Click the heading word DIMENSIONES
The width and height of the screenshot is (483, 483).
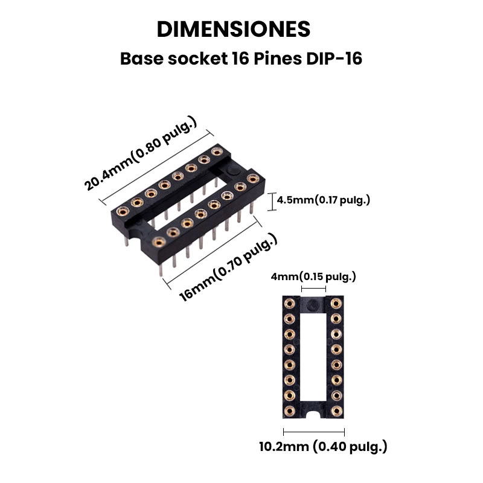(233, 29)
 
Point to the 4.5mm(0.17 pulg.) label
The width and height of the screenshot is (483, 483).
(324, 200)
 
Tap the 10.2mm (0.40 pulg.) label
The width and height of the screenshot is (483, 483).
(323, 447)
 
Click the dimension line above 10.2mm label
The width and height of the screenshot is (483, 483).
(313, 431)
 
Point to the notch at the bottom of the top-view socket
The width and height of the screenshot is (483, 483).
(313, 415)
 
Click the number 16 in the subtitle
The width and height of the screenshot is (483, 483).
(238, 60)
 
